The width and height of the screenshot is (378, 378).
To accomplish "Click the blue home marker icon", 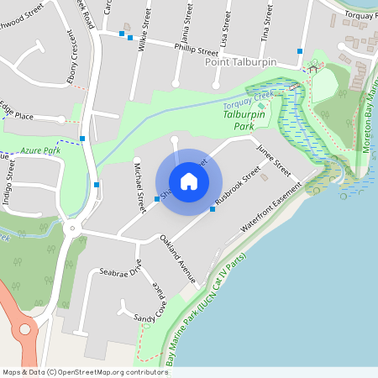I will [189, 181].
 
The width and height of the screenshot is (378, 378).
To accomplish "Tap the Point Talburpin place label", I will [241, 63].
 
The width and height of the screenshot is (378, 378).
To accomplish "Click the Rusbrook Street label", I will [238, 189].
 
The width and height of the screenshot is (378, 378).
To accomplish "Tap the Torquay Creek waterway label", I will [249, 102].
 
